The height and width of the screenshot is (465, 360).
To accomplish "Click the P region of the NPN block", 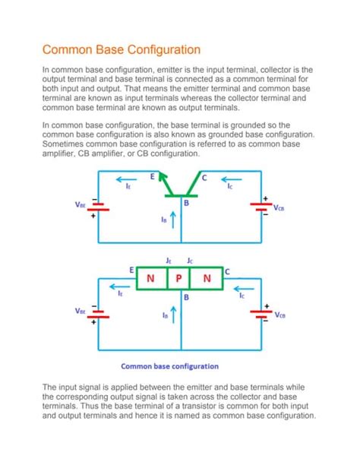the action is pos(179,278).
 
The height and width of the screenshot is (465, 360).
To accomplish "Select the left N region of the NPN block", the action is pos(150,278).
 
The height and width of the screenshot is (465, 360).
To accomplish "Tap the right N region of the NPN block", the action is pos(207,278).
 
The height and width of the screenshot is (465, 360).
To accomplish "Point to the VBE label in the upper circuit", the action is pos(81,204).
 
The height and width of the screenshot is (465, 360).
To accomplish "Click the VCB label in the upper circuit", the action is pos(279,206).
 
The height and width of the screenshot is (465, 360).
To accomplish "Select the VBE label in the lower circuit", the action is pos(81,311).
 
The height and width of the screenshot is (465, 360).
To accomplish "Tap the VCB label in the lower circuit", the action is pos(279,315).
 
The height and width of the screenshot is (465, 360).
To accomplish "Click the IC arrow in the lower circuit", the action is pos(242,288).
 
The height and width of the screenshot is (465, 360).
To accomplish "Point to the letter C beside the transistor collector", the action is pos(204,176).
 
